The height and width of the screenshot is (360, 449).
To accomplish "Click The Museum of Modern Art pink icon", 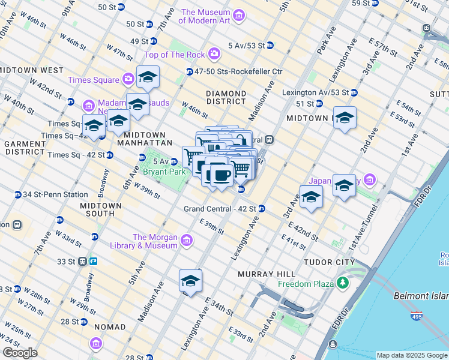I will (x=240, y=15).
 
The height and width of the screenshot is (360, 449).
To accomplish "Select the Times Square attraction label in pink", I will (x=94, y=80).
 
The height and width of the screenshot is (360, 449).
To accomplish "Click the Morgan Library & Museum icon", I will (x=187, y=241).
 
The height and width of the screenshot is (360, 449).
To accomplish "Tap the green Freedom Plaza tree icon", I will (x=342, y=281).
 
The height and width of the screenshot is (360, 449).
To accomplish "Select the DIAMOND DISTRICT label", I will (x=226, y=98).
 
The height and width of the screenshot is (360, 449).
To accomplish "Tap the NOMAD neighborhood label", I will (x=110, y=327).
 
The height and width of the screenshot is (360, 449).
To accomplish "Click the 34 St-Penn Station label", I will (x=55, y=194).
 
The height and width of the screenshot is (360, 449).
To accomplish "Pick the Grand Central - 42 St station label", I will (x=220, y=209).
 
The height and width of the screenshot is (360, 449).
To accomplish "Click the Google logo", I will (x=20, y=353).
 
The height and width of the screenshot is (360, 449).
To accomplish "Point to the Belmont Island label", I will (x=421, y=296).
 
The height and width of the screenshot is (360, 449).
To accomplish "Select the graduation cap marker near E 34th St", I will (x=190, y=281).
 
